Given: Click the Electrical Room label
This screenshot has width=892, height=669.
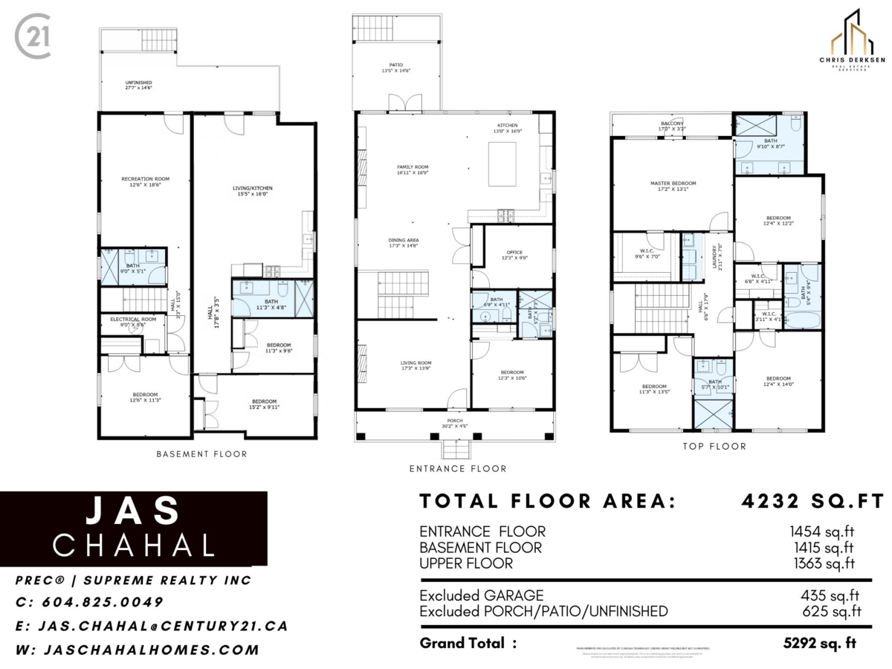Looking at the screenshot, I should [x=134, y=322].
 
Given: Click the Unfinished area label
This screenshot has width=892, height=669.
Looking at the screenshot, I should [x=138, y=85].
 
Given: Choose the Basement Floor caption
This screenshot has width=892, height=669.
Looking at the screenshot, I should [x=201, y=453].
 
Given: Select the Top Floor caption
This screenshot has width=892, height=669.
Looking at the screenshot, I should [x=714, y=446].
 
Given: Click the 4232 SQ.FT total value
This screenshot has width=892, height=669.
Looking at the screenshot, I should [x=813, y=501].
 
